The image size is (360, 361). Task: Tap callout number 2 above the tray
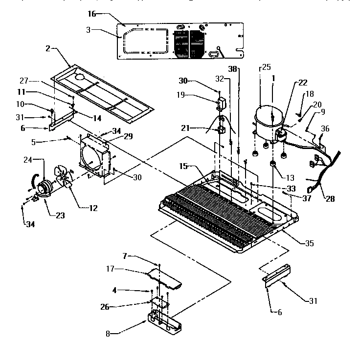click(48, 48)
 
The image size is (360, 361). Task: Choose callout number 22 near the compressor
click(303, 83)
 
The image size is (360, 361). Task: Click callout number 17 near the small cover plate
click(111, 269)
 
